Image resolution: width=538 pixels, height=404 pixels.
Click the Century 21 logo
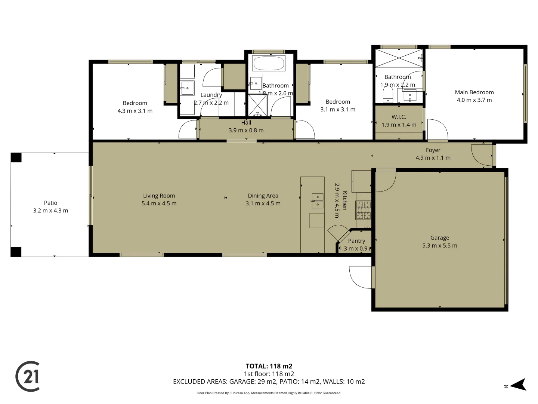[x=28, y=376]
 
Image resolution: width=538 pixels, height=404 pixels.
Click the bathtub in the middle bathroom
[x=269, y=63]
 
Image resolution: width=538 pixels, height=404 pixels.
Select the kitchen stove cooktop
[x=363, y=210]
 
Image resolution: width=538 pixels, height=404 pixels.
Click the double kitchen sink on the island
[x=317, y=201]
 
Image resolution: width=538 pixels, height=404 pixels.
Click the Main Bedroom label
[x=474, y=92]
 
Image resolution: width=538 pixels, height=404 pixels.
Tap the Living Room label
[x=159, y=196]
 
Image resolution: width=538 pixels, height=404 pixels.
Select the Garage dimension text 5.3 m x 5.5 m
[x=439, y=246]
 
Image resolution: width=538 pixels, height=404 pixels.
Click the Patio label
[x=50, y=203]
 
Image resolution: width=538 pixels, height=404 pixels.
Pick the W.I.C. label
[x=399, y=117]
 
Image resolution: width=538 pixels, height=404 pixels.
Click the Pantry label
[x=356, y=241]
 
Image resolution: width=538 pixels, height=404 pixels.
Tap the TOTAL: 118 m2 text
[x=269, y=366]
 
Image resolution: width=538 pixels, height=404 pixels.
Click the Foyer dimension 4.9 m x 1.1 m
[x=433, y=158]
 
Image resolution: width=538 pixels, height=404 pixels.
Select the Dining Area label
[x=263, y=196]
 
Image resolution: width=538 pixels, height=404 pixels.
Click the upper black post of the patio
[x=16, y=157]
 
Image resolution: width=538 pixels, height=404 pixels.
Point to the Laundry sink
[x=187, y=88]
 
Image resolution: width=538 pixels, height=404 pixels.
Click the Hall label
[x=246, y=123]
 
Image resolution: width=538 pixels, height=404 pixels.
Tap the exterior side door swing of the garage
[x=361, y=277]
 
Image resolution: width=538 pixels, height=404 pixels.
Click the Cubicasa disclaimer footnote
[x=269, y=393]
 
